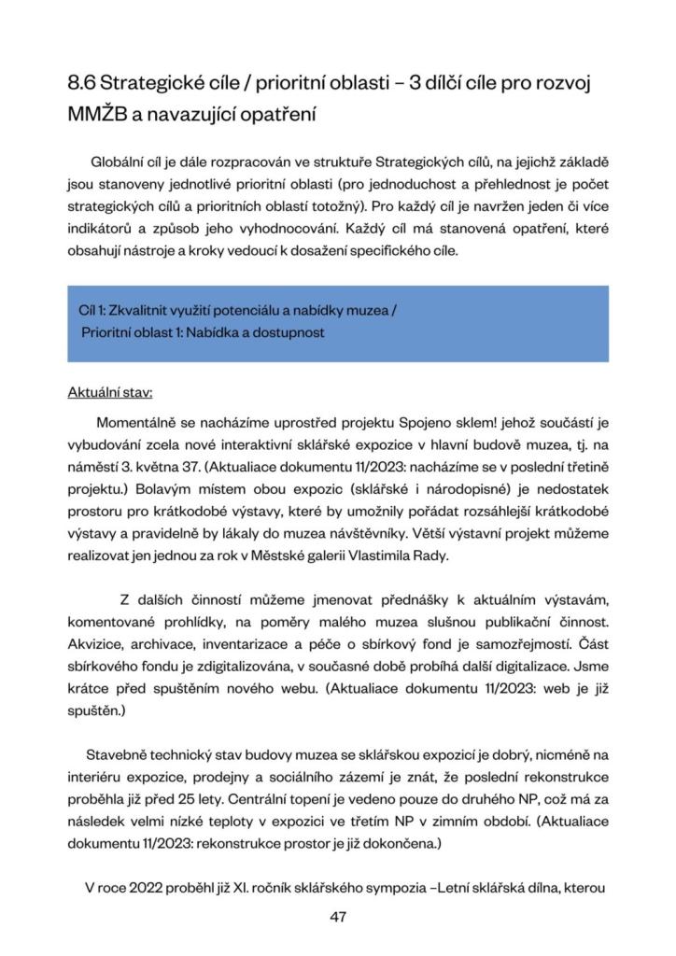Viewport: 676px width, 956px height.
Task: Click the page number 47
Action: [x=338, y=917]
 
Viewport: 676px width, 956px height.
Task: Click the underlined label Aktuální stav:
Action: [x=110, y=392]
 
